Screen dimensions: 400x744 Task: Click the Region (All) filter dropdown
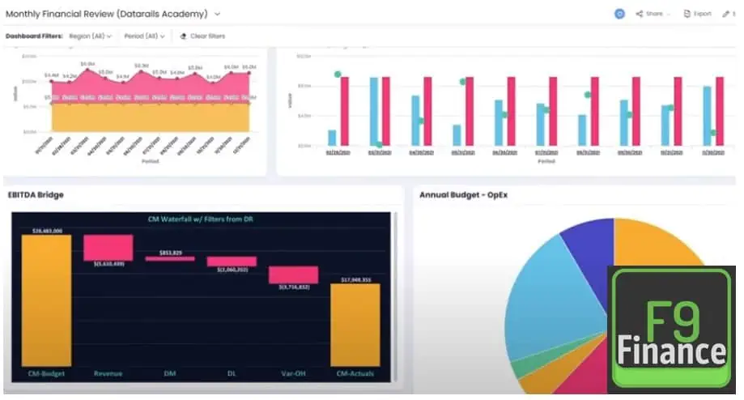point(90,36)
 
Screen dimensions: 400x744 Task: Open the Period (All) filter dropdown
point(145,36)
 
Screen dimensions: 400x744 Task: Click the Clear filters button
point(202,36)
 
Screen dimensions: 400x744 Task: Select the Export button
point(698,14)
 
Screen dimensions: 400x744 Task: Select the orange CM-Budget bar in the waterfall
point(46,300)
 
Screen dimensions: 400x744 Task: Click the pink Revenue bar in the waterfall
point(108,247)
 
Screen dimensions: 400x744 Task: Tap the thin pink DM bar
point(170,258)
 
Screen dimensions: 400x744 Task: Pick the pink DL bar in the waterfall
point(232,262)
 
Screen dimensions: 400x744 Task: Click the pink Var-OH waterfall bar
point(294,274)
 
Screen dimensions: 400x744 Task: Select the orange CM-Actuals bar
point(355,324)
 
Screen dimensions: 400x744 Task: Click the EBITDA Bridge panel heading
point(36,194)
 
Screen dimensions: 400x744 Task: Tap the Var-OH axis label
point(294,373)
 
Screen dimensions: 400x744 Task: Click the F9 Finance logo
point(671,328)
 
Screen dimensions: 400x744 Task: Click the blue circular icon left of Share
point(620,14)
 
